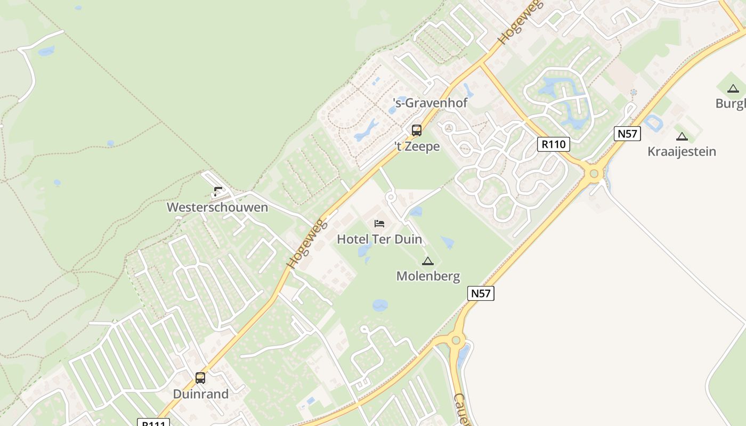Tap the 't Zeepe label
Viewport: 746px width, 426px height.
click(x=417, y=146)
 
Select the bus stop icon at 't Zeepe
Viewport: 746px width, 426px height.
click(x=417, y=130)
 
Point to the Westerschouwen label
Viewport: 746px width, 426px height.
click(x=217, y=207)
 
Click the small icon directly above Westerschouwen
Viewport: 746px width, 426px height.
click(x=217, y=192)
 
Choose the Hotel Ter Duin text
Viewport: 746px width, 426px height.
click(x=379, y=239)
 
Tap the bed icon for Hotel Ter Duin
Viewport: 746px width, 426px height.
click(x=379, y=223)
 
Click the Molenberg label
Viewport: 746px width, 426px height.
click(x=428, y=276)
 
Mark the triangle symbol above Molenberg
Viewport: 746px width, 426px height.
click(x=427, y=261)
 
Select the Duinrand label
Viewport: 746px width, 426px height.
click(x=200, y=394)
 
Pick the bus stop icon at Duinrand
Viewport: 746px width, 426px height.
click(x=200, y=378)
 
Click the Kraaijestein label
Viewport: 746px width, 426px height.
click(x=682, y=151)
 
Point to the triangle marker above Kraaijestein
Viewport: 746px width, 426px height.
click(x=682, y=136)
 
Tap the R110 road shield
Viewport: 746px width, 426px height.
click(x=554, y=144)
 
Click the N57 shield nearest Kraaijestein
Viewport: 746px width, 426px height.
click(x=627, y=133)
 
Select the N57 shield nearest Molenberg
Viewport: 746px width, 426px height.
click(x=481, y=293)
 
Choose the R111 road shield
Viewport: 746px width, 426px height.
click(x=153, y=423)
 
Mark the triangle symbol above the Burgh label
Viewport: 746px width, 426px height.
click(x=733, y=88)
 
